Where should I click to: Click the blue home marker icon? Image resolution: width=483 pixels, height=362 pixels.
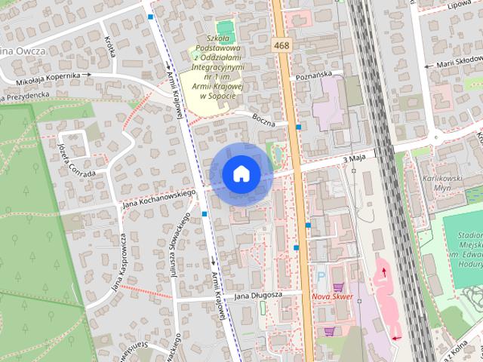pos(241,173)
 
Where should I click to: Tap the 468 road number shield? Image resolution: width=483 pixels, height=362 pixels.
pos(282,46)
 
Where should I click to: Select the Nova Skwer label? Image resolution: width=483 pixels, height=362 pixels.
pos(332,296)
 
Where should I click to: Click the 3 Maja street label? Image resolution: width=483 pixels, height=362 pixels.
pos(354,159)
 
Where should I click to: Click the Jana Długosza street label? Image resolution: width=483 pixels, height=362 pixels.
pos(257,295)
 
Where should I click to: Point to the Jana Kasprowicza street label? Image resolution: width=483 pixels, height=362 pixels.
pos(120,262)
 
